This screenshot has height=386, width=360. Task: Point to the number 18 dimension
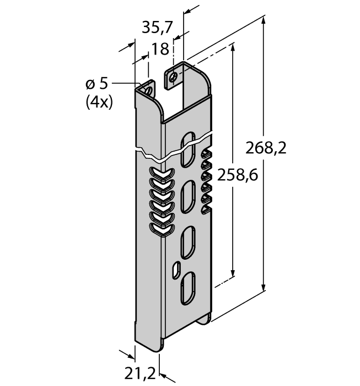pos(160,49)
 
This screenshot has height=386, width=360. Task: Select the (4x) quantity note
pos(99,102)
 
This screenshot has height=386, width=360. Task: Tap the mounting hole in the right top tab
pos(174,77)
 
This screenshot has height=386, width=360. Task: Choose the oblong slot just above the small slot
pos(187,239)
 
